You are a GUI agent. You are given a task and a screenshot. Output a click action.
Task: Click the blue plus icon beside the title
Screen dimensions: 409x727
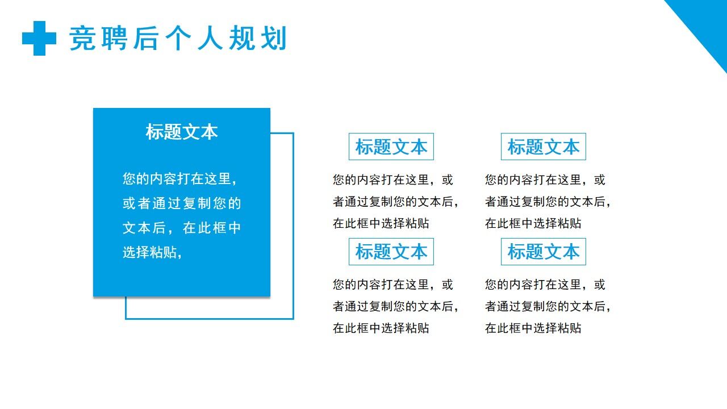39,38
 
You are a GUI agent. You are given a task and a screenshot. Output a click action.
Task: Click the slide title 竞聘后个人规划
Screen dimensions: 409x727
178,39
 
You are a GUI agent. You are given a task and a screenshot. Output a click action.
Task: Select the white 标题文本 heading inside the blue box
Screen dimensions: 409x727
182,132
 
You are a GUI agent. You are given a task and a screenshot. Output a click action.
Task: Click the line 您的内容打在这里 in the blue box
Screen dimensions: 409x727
179,179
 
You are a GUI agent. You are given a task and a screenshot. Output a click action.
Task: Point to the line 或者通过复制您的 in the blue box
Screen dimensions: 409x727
182,203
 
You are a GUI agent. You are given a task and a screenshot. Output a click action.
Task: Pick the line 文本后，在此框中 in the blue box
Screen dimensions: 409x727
182,228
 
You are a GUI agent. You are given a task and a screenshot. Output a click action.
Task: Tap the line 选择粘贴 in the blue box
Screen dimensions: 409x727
152,252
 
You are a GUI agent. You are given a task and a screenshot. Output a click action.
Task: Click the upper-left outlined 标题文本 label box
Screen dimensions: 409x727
391,147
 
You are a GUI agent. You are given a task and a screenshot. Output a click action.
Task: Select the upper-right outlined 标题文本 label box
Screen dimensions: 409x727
543,147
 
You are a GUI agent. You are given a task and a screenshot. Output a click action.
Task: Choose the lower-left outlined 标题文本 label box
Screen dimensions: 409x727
391,252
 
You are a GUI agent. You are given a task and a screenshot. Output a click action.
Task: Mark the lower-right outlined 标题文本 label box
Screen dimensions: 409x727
543,252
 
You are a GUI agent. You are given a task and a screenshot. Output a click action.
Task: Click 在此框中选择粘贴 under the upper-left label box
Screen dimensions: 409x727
381,223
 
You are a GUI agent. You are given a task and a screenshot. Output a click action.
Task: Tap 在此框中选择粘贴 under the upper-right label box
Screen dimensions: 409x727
533,223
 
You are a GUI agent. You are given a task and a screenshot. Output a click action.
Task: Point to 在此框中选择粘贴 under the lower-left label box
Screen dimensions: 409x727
381,328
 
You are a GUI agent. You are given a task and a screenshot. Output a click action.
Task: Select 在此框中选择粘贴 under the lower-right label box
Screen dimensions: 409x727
533,328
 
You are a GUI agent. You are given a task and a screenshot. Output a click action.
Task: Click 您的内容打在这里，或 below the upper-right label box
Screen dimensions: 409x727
545,180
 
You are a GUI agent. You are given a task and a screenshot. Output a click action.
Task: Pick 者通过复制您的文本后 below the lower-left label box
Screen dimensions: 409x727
395,306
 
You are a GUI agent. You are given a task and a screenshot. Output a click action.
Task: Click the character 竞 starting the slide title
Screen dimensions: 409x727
82,39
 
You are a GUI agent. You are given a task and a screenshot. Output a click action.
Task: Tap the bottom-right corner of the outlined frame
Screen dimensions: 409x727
293,318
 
